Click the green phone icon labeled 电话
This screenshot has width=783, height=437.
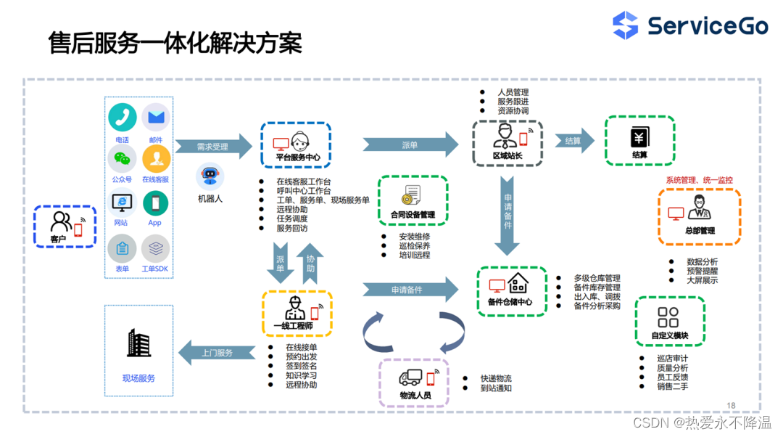click(123, 118)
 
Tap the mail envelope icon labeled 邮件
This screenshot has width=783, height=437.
click(156, 118)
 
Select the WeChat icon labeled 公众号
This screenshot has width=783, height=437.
click(122, 159)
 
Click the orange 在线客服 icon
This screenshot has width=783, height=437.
click(157, 159)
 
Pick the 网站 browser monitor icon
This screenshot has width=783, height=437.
click(122, 203)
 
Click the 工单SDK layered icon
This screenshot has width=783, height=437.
click(155, 248)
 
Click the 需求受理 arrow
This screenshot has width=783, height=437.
click(214, 147)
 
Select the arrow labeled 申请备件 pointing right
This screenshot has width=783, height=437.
click(410, 290)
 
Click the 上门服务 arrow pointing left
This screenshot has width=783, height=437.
click(217, 353)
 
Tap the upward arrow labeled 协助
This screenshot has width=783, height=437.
click(310, 264)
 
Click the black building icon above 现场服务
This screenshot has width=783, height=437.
click(138, 343)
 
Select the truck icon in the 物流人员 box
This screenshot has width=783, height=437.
click(410, 377)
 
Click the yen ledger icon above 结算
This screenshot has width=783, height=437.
click(639, 137)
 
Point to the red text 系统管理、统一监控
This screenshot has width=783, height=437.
click(699, 180)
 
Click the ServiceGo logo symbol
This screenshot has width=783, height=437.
click(625, 25)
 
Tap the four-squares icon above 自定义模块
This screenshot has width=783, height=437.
click(668, 317)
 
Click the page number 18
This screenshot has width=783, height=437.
click(731, 406)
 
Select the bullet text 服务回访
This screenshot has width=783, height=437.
click(292, 228)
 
